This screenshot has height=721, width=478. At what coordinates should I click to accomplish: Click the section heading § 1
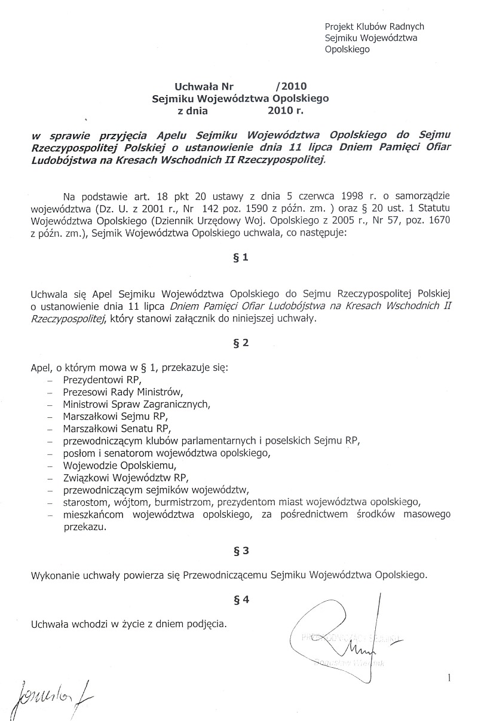click(x=239, y=259)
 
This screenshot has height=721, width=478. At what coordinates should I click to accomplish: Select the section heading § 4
click(x=239, y=601)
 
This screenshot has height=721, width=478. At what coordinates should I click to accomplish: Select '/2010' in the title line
click(x=291, y=85)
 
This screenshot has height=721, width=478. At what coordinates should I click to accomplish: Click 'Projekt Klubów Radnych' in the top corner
click(x=374, y=26)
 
